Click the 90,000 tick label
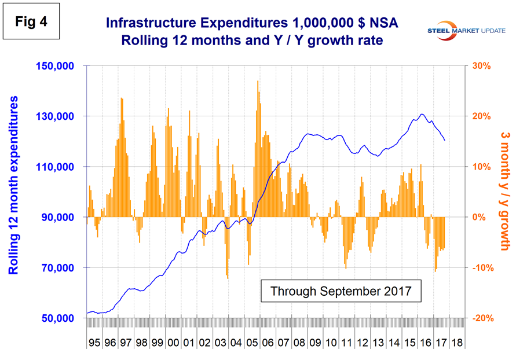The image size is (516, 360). coord(58,218)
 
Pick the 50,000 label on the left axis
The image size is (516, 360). coord(58,319)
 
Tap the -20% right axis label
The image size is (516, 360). coord(481,319)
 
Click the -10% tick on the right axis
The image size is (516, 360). coord(481,268)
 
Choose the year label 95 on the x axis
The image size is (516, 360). coord(94,343)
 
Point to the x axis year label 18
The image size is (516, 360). coord(456,343)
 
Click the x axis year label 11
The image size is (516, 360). coord(346,343)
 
